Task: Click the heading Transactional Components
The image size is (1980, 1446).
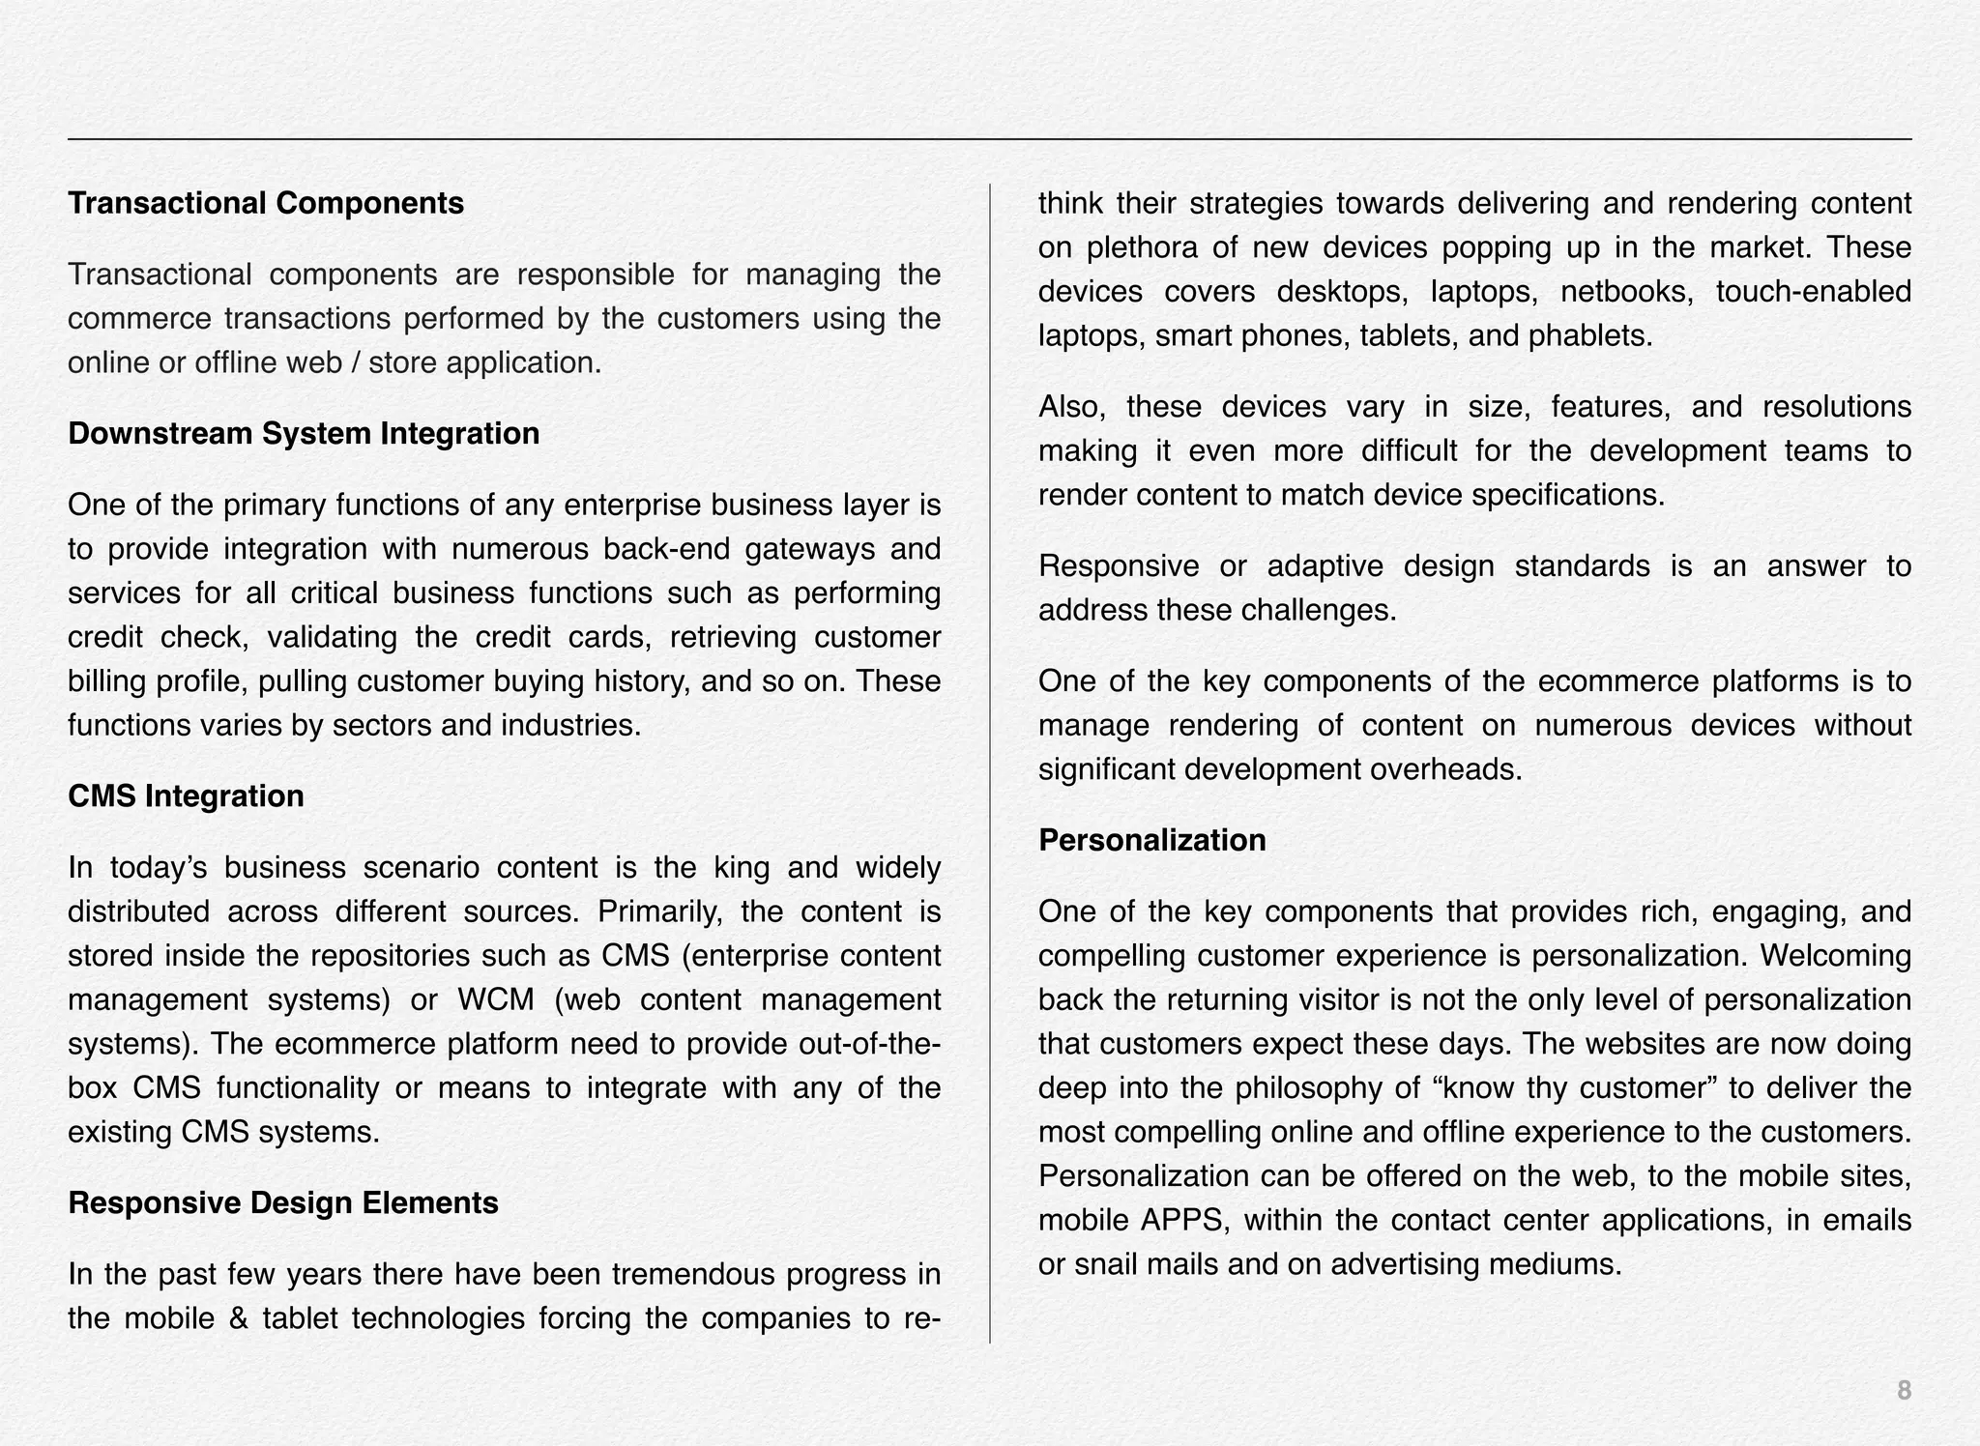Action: click(x=266, y=203)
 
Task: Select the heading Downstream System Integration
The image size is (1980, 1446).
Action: click(x=304, y=433)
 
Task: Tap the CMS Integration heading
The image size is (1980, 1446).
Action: click(x=186, y=795)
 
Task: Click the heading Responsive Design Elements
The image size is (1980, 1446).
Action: click(x=283, y=1202)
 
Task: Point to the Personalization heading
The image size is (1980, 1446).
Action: click(x=1151, y=840)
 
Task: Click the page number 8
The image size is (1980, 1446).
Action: click(x=1904, y=1391)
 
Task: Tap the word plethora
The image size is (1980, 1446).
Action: click(x=1142, y=248)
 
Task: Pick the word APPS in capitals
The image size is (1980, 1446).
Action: click(x=1183, y=1220)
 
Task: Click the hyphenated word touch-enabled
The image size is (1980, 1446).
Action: click(x=1813, y=292)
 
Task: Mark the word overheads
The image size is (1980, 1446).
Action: click(x=1447, y=769)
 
